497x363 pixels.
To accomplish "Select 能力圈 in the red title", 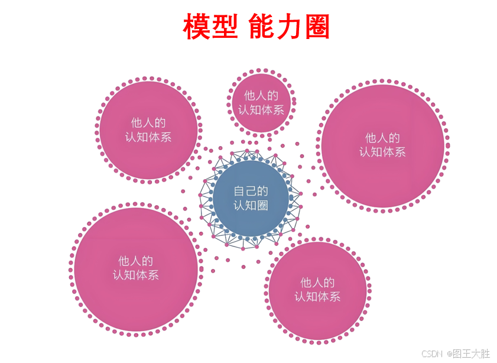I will pos(290,27).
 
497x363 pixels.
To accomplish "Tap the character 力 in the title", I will pos(290,27).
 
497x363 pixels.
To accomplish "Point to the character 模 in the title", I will pos(196,27).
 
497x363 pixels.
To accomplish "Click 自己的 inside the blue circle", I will pos(251,192).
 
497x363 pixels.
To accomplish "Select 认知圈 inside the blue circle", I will pos(251,205).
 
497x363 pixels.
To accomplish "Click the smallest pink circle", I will pos(261,102).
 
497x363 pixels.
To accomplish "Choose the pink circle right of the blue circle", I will pos(383,145).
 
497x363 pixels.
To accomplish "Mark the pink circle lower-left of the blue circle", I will pos(135,269).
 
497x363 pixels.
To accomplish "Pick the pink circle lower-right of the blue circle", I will pos(317,290).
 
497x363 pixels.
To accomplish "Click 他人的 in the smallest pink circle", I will pos(261,95).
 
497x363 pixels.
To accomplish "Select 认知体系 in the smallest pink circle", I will pos(261,109).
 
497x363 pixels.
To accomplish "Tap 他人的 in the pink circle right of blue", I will pos(382,138).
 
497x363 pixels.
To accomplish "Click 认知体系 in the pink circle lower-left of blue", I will pos(135,275).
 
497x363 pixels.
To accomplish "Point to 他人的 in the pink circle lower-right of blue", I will pos(317,283).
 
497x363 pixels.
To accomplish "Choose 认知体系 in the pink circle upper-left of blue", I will pos(148,137).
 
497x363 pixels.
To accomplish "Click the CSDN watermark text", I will pos(432,354).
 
